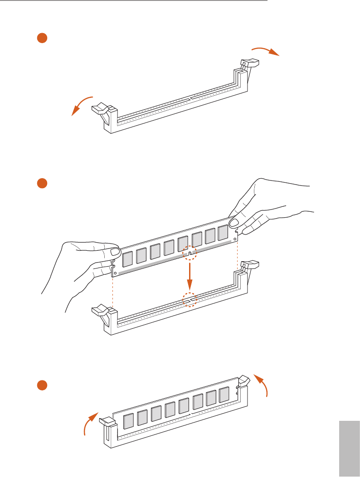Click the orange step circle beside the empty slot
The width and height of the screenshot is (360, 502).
point(42,38)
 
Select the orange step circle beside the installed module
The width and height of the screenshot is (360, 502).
point(42,385)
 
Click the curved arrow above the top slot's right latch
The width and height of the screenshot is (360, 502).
point(266,49)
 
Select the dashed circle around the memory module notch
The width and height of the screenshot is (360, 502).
point(190,252)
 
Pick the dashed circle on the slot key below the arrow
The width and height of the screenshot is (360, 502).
point(190,300)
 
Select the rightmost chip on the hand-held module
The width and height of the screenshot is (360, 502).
point(223,233)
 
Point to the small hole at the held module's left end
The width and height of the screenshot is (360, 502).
point(115,273)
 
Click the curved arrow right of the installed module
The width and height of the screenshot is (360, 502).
point(262,385)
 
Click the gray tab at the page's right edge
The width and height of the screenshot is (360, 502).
point(349,448)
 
